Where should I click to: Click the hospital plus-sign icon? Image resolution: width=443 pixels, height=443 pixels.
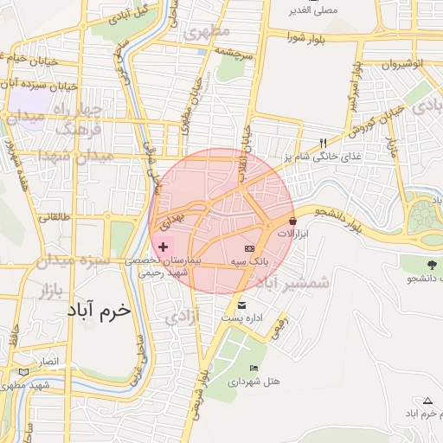163,247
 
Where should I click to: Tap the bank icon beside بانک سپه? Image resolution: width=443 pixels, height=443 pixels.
250,248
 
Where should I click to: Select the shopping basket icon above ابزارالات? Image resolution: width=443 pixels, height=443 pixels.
292,221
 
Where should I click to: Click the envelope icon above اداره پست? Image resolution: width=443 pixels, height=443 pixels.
241,305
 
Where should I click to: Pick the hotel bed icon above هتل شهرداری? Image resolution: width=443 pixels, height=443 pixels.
253,368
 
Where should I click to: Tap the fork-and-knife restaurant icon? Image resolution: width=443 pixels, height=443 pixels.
323,143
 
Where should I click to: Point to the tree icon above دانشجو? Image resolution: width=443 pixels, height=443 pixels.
430,265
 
